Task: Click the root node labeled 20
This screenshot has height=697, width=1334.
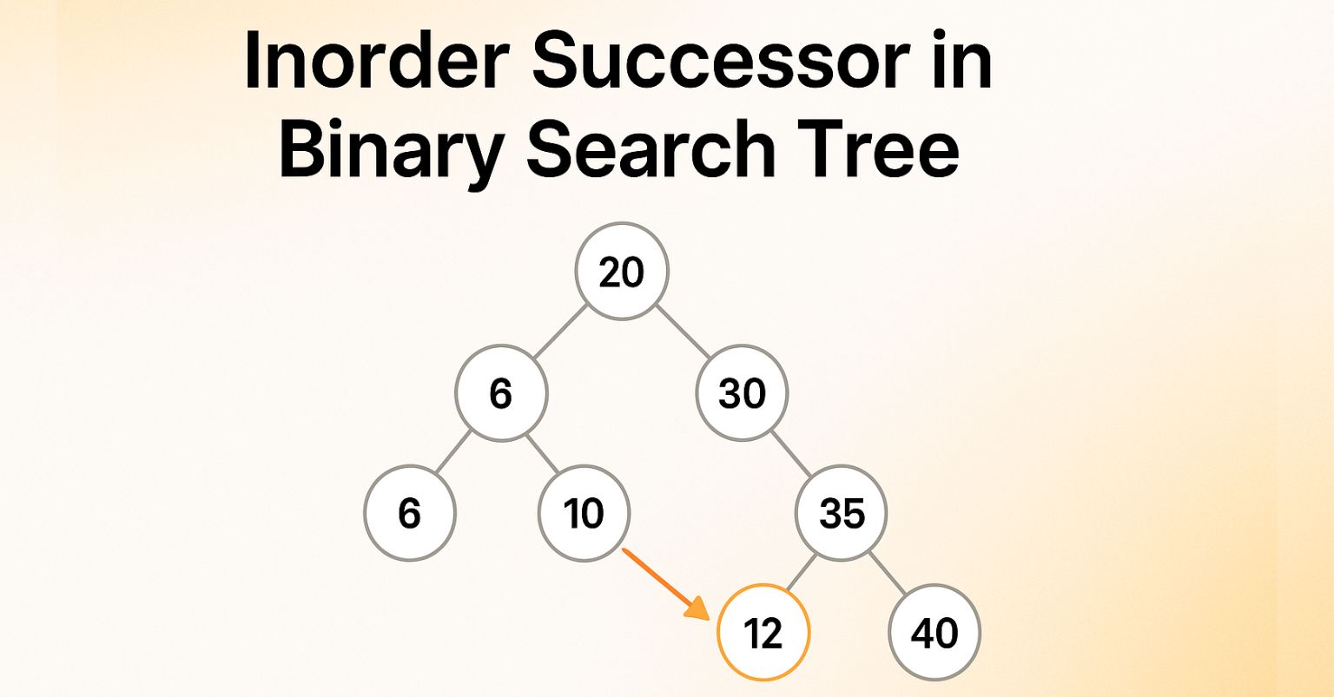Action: pyautogui.click(x=622, y=272)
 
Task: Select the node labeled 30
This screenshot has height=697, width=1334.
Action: pyautogui.click(x=742, y=394)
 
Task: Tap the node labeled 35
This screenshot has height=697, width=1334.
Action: pyautogui.click(x=842, y=515)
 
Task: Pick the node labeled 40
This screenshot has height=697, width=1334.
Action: pyautogui.click(x=934, y=635)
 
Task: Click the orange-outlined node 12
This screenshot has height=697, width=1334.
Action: pyautogui.click(x=763, y=635)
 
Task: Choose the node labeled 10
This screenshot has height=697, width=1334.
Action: pyautogui.click(x=584, y=515)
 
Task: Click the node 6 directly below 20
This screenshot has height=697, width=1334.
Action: pyautogui.click(x=501, y=394)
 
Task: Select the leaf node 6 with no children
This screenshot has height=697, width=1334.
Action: pyautogui.click(x=410, y=515)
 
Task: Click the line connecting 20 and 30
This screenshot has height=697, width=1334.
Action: pyautogui.click(x=682, y=332)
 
